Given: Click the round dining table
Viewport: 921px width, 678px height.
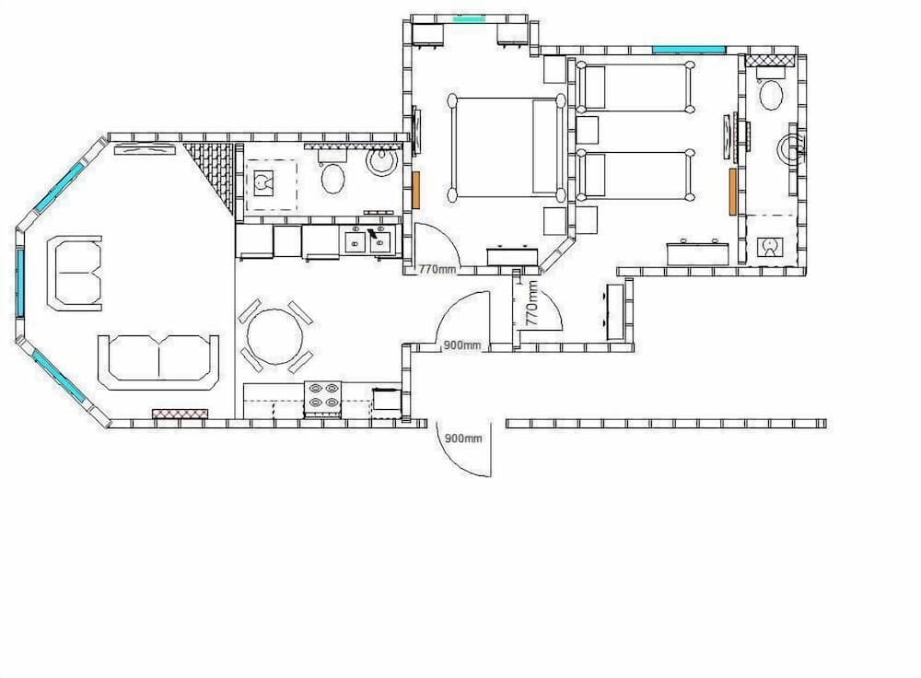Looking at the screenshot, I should (274, 336).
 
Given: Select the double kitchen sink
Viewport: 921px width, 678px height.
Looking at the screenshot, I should (367, 241).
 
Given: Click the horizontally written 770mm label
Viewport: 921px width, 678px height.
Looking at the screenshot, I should (437, 270).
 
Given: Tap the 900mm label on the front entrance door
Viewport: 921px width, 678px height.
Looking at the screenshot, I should (463, 438).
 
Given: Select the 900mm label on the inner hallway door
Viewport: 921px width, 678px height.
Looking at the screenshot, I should (462, 345).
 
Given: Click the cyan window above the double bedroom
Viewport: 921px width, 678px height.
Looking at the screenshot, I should (469, 18).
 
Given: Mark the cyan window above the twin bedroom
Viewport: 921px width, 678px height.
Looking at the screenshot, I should (689, 49).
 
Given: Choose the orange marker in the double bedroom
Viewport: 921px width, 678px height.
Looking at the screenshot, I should (416, 189).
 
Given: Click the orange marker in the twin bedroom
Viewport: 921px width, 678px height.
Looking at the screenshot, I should (733, 192).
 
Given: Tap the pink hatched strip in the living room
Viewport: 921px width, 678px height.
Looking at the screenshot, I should (174, 415).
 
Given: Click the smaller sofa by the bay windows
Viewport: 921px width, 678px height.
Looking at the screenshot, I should (76, 274).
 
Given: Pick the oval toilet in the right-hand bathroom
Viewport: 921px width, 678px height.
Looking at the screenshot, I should (771, 93).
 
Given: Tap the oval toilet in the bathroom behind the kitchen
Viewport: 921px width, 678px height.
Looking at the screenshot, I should (332, 178).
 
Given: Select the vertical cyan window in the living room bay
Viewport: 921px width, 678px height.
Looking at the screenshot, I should (18, 281).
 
